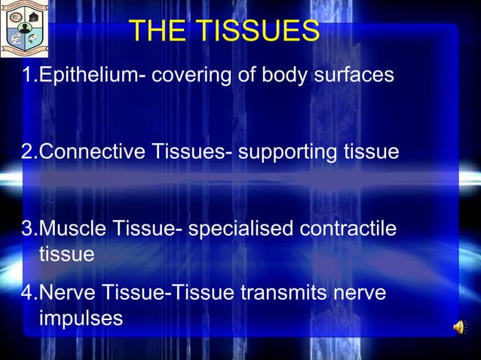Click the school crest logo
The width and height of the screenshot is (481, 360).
point(24,29)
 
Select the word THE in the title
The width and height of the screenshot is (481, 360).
point(155,32)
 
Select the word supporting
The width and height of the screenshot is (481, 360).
point(290,152)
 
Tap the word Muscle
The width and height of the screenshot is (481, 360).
point(72,229)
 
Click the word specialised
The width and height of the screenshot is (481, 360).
point(242,229)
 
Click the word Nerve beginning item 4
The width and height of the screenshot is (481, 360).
point(68,292)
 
